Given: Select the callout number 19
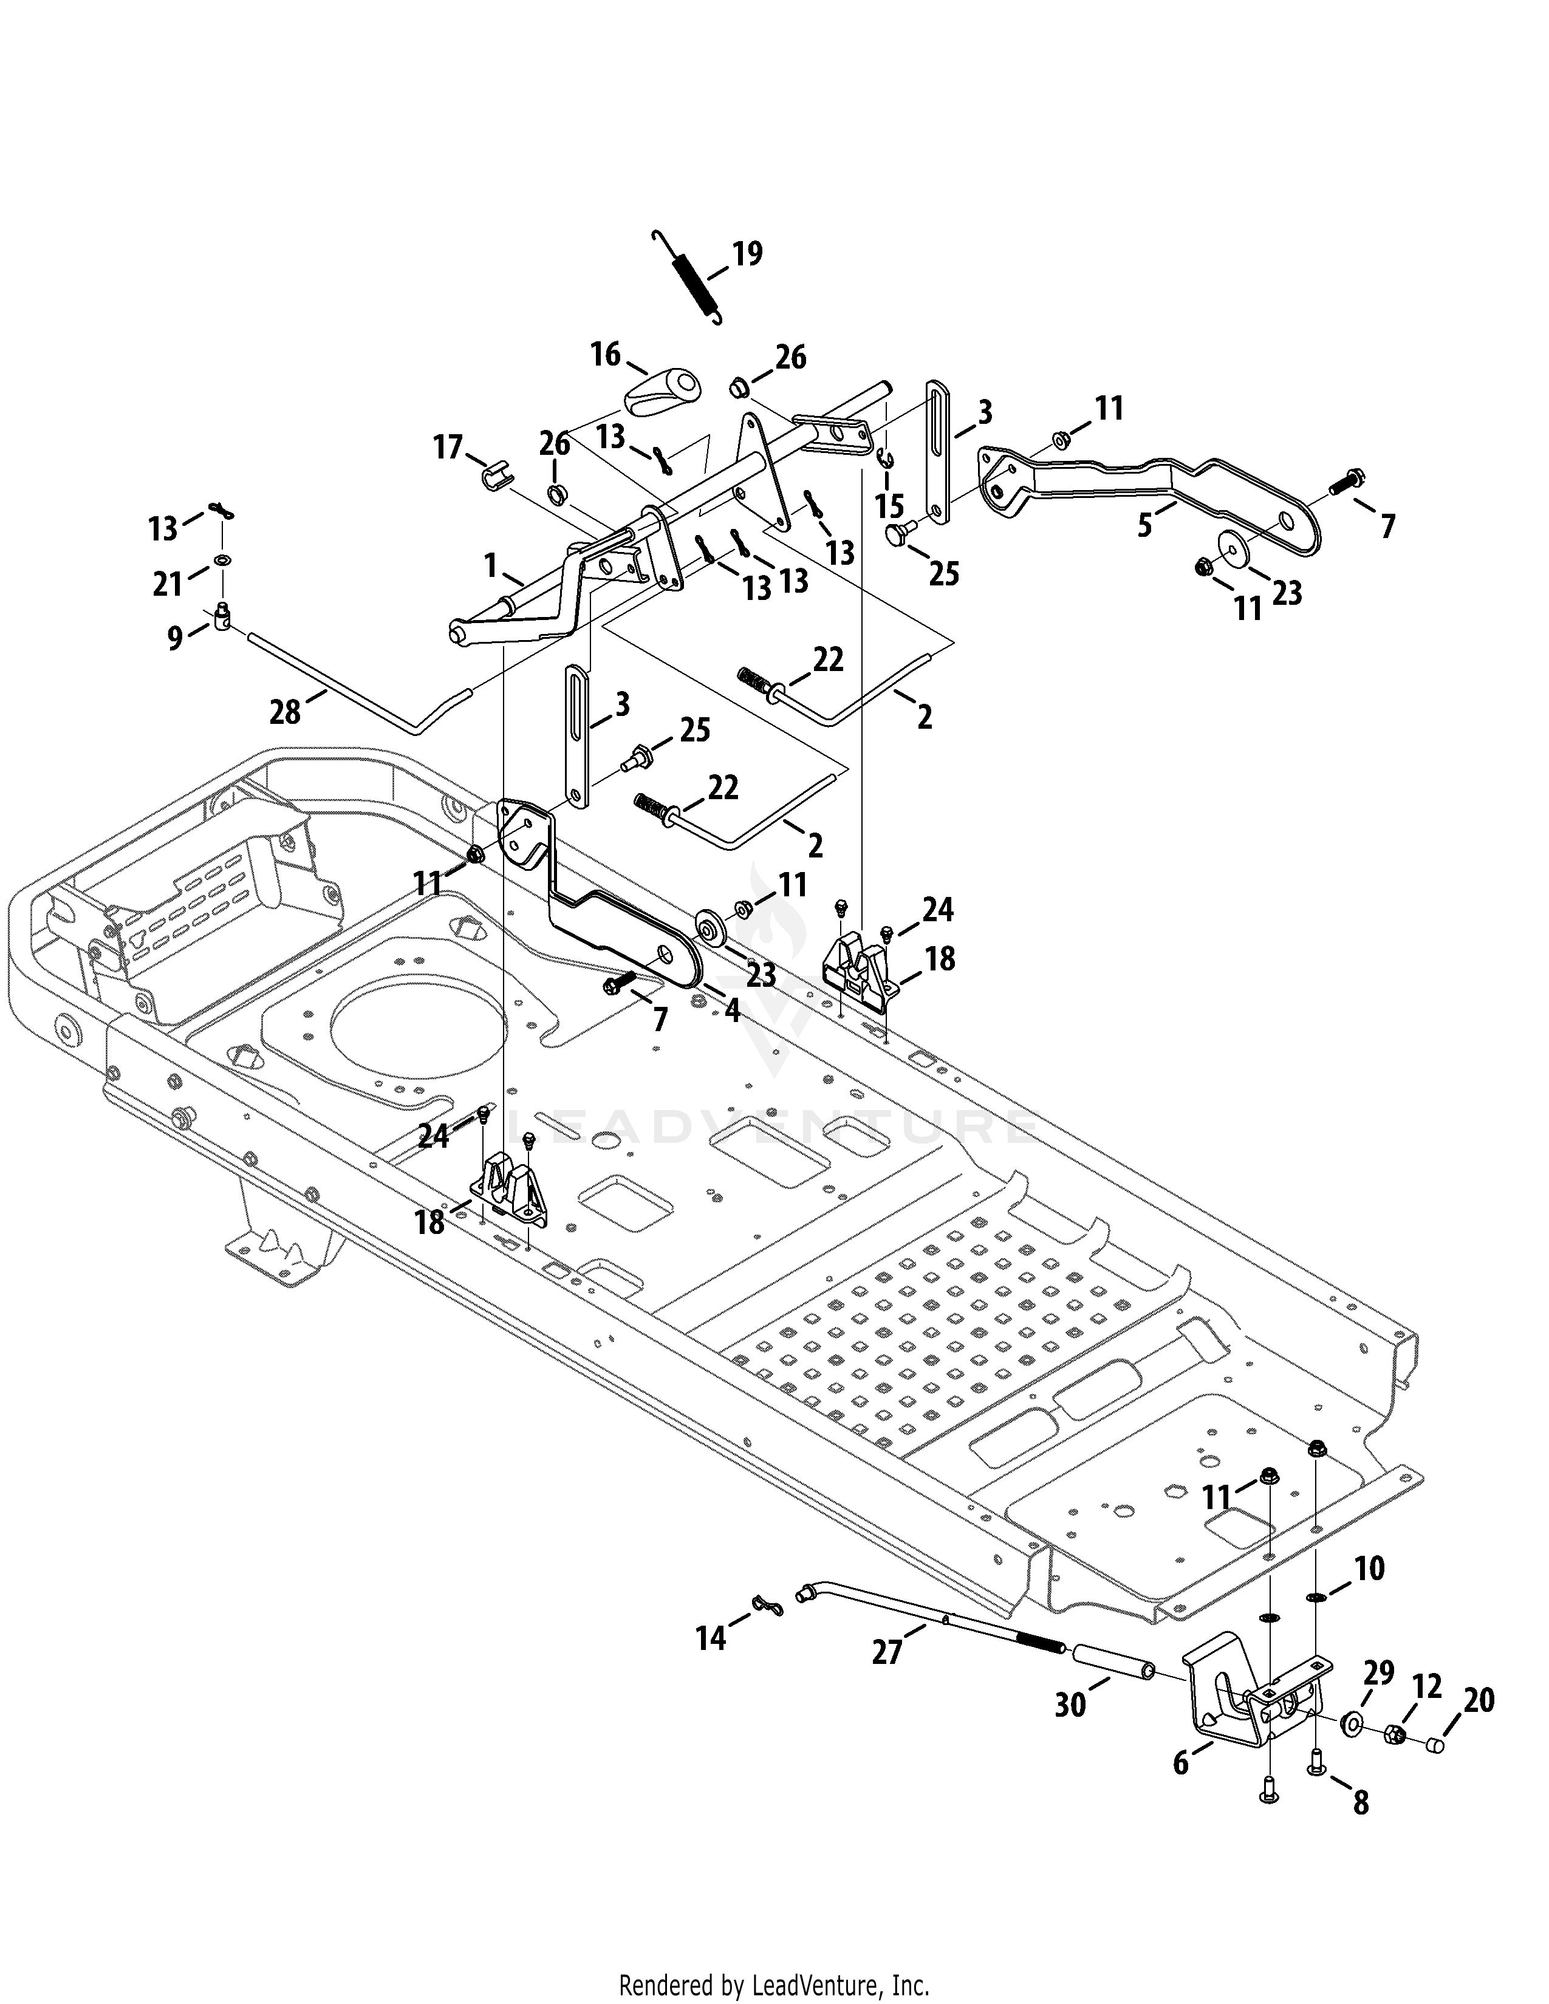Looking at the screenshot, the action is click(x=747, y=253).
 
